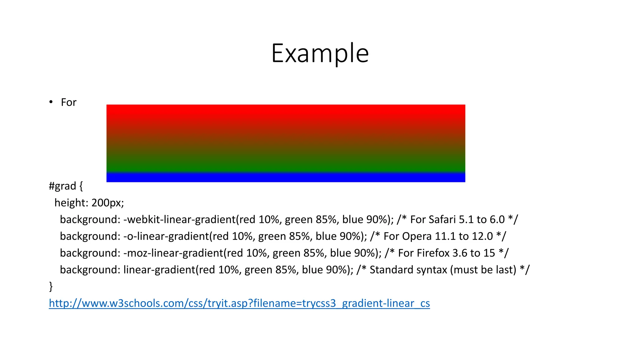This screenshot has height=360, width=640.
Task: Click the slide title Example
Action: click(x=320, y=53)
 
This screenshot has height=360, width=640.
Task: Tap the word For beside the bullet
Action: click(x=68, y=102)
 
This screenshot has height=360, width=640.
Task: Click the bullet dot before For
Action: click(x=51, y=102)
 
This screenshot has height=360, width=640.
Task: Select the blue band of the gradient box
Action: click(x=286, y=177)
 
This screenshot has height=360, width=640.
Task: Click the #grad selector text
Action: click(x=62, y=186)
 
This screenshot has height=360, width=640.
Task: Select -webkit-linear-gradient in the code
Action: click(x=179, y=220)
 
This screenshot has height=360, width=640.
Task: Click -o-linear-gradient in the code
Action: click(x=166, y=236)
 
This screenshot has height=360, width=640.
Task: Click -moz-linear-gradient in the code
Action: click(x=173, y=253)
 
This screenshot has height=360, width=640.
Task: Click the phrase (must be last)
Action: click(x=483, y=270)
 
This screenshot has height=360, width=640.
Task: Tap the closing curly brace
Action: click(x=51, y=287)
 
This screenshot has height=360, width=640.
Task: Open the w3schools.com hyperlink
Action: click(x=239, y=303)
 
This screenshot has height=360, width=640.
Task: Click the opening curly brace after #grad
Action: click(x=81, y=186)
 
